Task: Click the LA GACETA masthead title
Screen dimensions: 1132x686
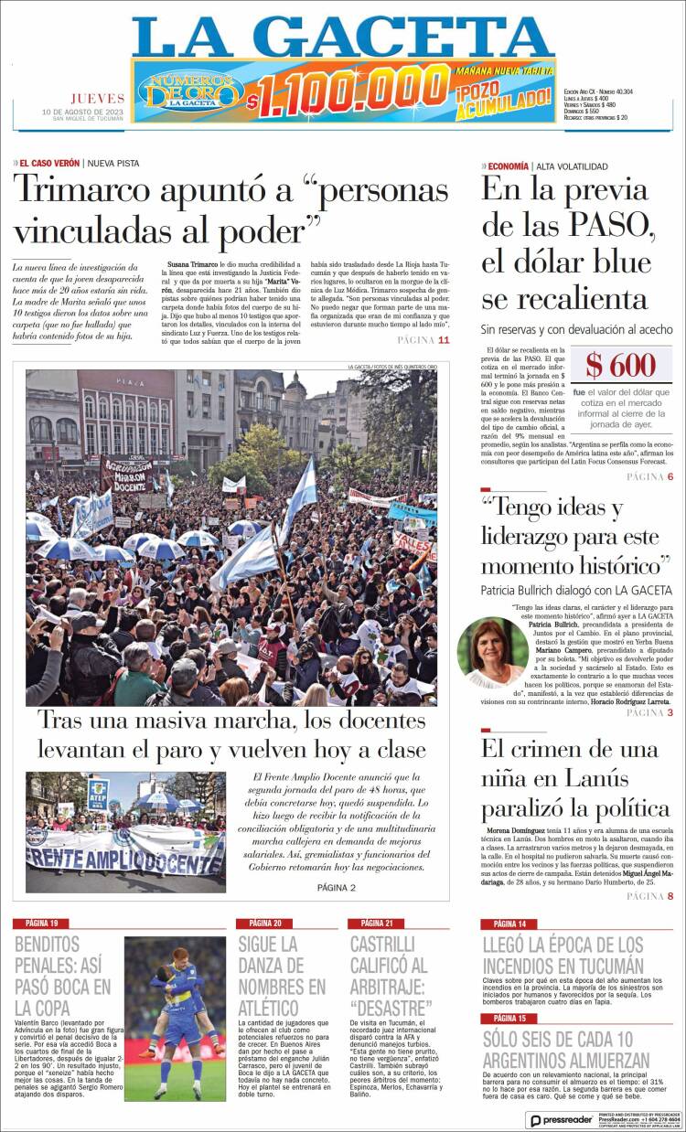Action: coord(342,37)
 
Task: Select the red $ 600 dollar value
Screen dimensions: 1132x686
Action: coord(620,366)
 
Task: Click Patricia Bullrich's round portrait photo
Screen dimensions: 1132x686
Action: coord(493,652)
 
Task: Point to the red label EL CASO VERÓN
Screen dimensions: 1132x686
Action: coord(49,163)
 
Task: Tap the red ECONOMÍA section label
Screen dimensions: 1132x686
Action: coord(508,166)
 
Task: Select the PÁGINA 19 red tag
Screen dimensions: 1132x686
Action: coord(42,923)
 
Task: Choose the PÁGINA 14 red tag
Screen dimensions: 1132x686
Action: coord(509,924)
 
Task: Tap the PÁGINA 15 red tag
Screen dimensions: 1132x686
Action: coord(509,1018)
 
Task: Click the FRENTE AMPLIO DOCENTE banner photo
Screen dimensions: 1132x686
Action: coord(124,832)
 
